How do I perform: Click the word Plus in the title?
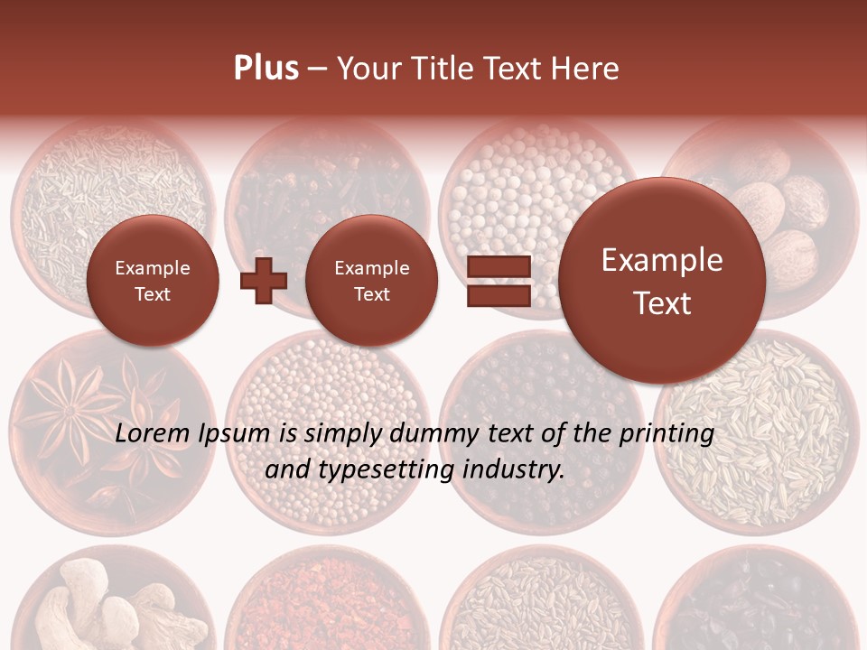(266, 69)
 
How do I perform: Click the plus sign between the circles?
(264, 280)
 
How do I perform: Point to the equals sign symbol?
(498, 280)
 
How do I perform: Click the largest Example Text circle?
(662, 280)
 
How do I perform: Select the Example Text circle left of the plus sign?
(153, 280)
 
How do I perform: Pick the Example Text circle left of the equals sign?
(371, 280)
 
